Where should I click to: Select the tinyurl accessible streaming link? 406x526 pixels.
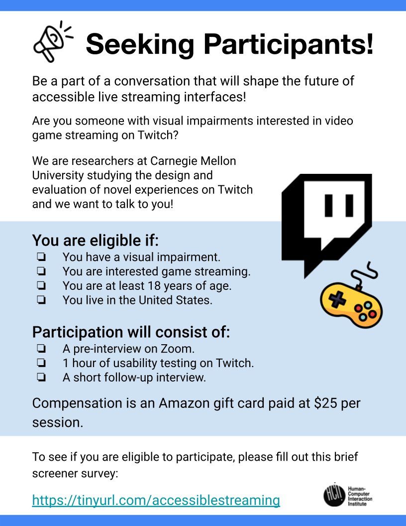click(156, 500)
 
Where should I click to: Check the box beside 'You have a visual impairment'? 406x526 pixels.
click(41, 258)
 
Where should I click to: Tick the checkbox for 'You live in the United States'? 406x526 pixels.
click(41, 300)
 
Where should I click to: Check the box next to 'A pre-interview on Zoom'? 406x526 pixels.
click(41, 349)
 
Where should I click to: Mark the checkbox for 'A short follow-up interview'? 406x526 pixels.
click(41, 378)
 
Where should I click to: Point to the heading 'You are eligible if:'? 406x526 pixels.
click(96, 241)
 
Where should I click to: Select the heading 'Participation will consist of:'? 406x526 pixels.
click(131, 332)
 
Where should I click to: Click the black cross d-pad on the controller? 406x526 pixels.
click(338, 298)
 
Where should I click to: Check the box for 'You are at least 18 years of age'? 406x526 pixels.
click(41, 286)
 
